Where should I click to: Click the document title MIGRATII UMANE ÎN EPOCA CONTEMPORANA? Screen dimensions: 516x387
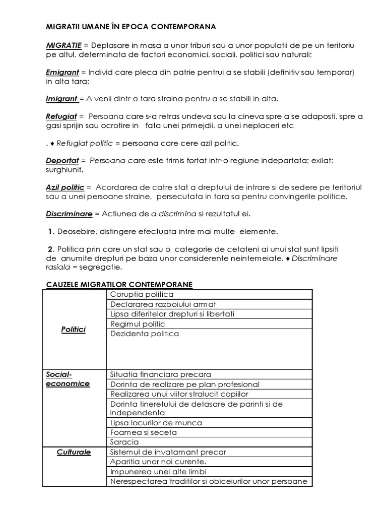click(131, 26)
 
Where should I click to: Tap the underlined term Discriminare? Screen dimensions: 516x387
click(69, 214)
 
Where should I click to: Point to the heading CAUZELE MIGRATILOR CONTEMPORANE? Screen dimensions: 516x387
click(119, 285)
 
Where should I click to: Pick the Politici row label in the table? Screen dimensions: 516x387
click(73, 329)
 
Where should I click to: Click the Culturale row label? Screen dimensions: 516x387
click(74, 452)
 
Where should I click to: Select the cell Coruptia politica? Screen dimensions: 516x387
click(142, 294)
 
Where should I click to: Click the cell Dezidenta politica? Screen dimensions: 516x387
click(144, 334)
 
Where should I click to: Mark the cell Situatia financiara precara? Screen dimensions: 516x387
click(160, 374)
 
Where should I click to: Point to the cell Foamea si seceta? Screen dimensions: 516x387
click(143, 432)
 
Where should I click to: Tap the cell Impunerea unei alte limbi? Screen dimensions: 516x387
click(158, 472)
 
